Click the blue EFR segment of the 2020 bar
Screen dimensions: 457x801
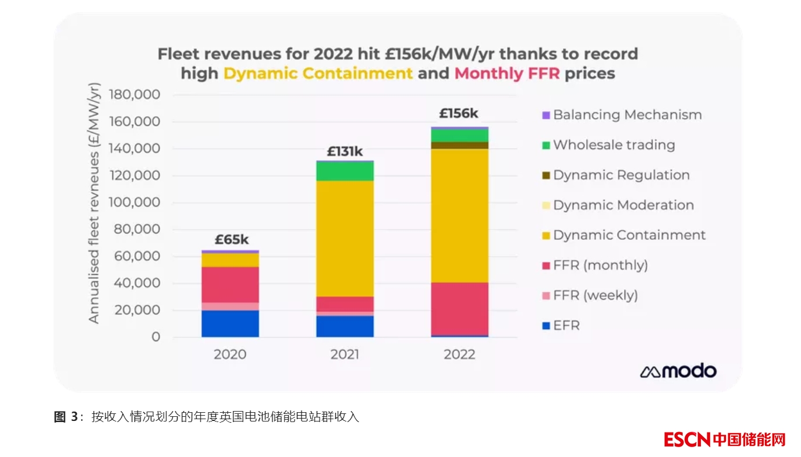(x=230, y=324)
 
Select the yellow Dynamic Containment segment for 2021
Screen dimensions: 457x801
(x=345, y=239)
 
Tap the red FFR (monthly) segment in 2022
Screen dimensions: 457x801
(x=459, y=309)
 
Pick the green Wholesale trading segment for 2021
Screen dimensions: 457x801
(x=345, y=171)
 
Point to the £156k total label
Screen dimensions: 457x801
(x=459, y=114)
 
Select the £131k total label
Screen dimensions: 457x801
(x=345, y=152)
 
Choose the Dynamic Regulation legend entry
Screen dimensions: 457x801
(x=621, y=175)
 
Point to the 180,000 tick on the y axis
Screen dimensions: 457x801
(x=134, y=95)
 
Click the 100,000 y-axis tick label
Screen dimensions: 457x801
(x=134, y=203)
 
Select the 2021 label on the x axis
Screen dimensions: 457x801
(x=345, y=354)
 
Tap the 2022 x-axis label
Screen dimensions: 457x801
(x=459, y=354)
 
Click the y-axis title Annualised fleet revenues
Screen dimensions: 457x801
(x=94, y=204)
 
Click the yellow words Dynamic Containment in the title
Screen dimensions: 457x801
(x=318, y=73)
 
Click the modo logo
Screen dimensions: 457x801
(x=678, y=371)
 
